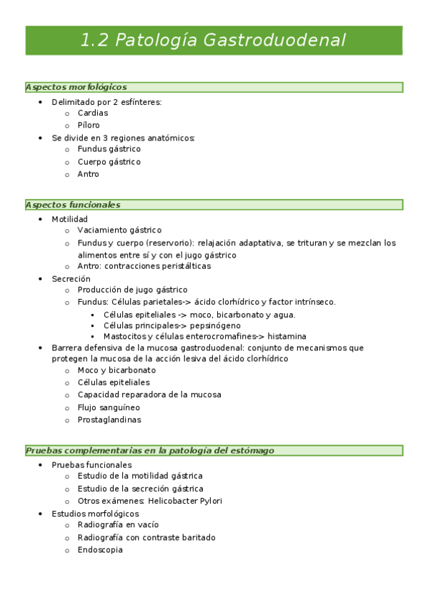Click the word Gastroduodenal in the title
pyautogui.click(x=274, y=40)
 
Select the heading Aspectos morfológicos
pyautogui.click(x=76, y=87)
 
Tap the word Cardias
pyautogui.click(x=93, y=113)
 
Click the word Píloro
pyautogui.click(x=89, y=125)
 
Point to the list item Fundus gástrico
pyautogui.click(x=109, y=149)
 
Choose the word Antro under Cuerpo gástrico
pyautogui.click(x=88, y=174)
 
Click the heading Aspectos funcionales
pyautogui.click(x=72, y=205)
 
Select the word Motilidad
pyautogui.click(x=69, y=219)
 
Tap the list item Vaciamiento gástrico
pyautogui.click(x=119, y=230)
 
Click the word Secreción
pyautogui.click(x=71, y=278)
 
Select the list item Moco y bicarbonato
pyautogui.click(x=116, y=370)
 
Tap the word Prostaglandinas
pyautogui.click(x=109, y=420)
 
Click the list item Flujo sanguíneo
pyautogui.click(x=109, y=407)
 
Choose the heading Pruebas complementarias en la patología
pyautogui.click(x=150, y=451)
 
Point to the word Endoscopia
pyautogui.click(x=100, y=550)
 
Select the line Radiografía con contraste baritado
pyautogui.click(x=146, y=537)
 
